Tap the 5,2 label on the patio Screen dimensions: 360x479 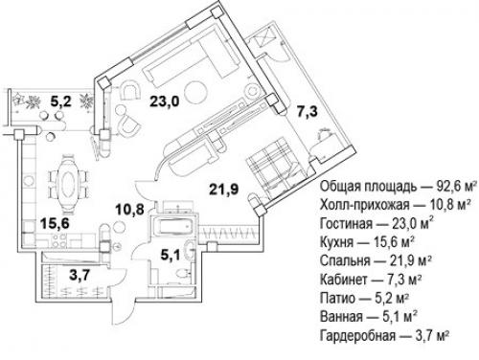coord(61,98)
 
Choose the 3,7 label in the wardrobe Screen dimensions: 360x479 coord(60,276)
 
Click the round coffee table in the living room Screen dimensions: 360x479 coord(194,92)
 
